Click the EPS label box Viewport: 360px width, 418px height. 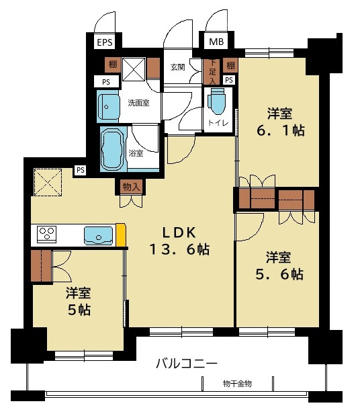tap(104, 42)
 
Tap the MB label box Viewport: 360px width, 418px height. tap(216, 42)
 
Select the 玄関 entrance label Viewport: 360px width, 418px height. tap(177, 67)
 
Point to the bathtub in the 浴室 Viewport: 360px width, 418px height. tap(112, 149)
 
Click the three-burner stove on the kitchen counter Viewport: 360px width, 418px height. tap(46, 235)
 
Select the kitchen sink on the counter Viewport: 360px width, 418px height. tap(98, 235)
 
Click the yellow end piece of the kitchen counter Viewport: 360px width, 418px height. tap(121, 235)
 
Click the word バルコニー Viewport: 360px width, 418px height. tap(186, 364)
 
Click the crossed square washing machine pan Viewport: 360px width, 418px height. tap(134, 69)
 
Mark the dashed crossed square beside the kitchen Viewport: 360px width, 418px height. tap(48, 181)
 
